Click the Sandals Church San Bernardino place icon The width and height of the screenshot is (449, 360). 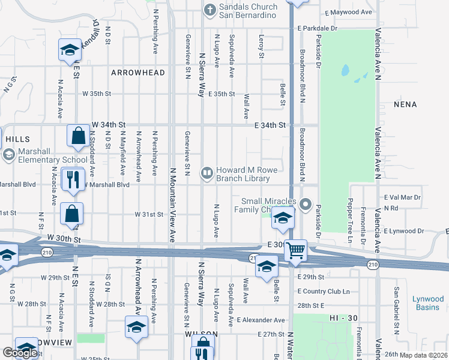pos(209,9)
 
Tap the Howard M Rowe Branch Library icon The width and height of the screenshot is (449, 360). pos(207,174)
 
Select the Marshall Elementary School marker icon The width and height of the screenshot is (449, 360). pos(8,155)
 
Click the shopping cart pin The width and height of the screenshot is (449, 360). pos(295,250)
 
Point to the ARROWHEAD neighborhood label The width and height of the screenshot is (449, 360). pos(137,73)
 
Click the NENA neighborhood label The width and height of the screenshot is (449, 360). pos(405,104)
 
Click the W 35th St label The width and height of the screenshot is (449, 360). pos(97,94)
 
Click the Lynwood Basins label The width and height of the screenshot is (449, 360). pos(429,303)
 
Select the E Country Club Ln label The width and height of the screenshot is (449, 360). pos(323,292)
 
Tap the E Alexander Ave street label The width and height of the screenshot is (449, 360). pos(261,320)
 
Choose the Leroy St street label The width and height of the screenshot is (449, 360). pos(261,46)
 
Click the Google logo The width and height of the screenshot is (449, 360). pos(20,352)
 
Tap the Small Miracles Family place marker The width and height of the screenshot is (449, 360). pos(306,205)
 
